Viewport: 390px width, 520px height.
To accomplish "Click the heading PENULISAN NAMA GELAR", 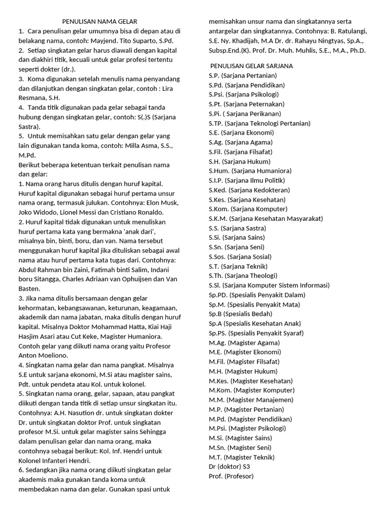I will point(100,21).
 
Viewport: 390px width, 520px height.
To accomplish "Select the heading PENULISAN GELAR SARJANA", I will point(251,66).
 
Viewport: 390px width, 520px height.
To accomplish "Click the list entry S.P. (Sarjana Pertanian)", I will point(242,75).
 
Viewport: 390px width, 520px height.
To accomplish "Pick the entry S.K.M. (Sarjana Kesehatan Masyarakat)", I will point(266,218).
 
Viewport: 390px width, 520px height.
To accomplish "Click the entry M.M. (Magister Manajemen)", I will point(251,400).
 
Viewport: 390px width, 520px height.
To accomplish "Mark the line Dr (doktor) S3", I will point(229,467).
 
